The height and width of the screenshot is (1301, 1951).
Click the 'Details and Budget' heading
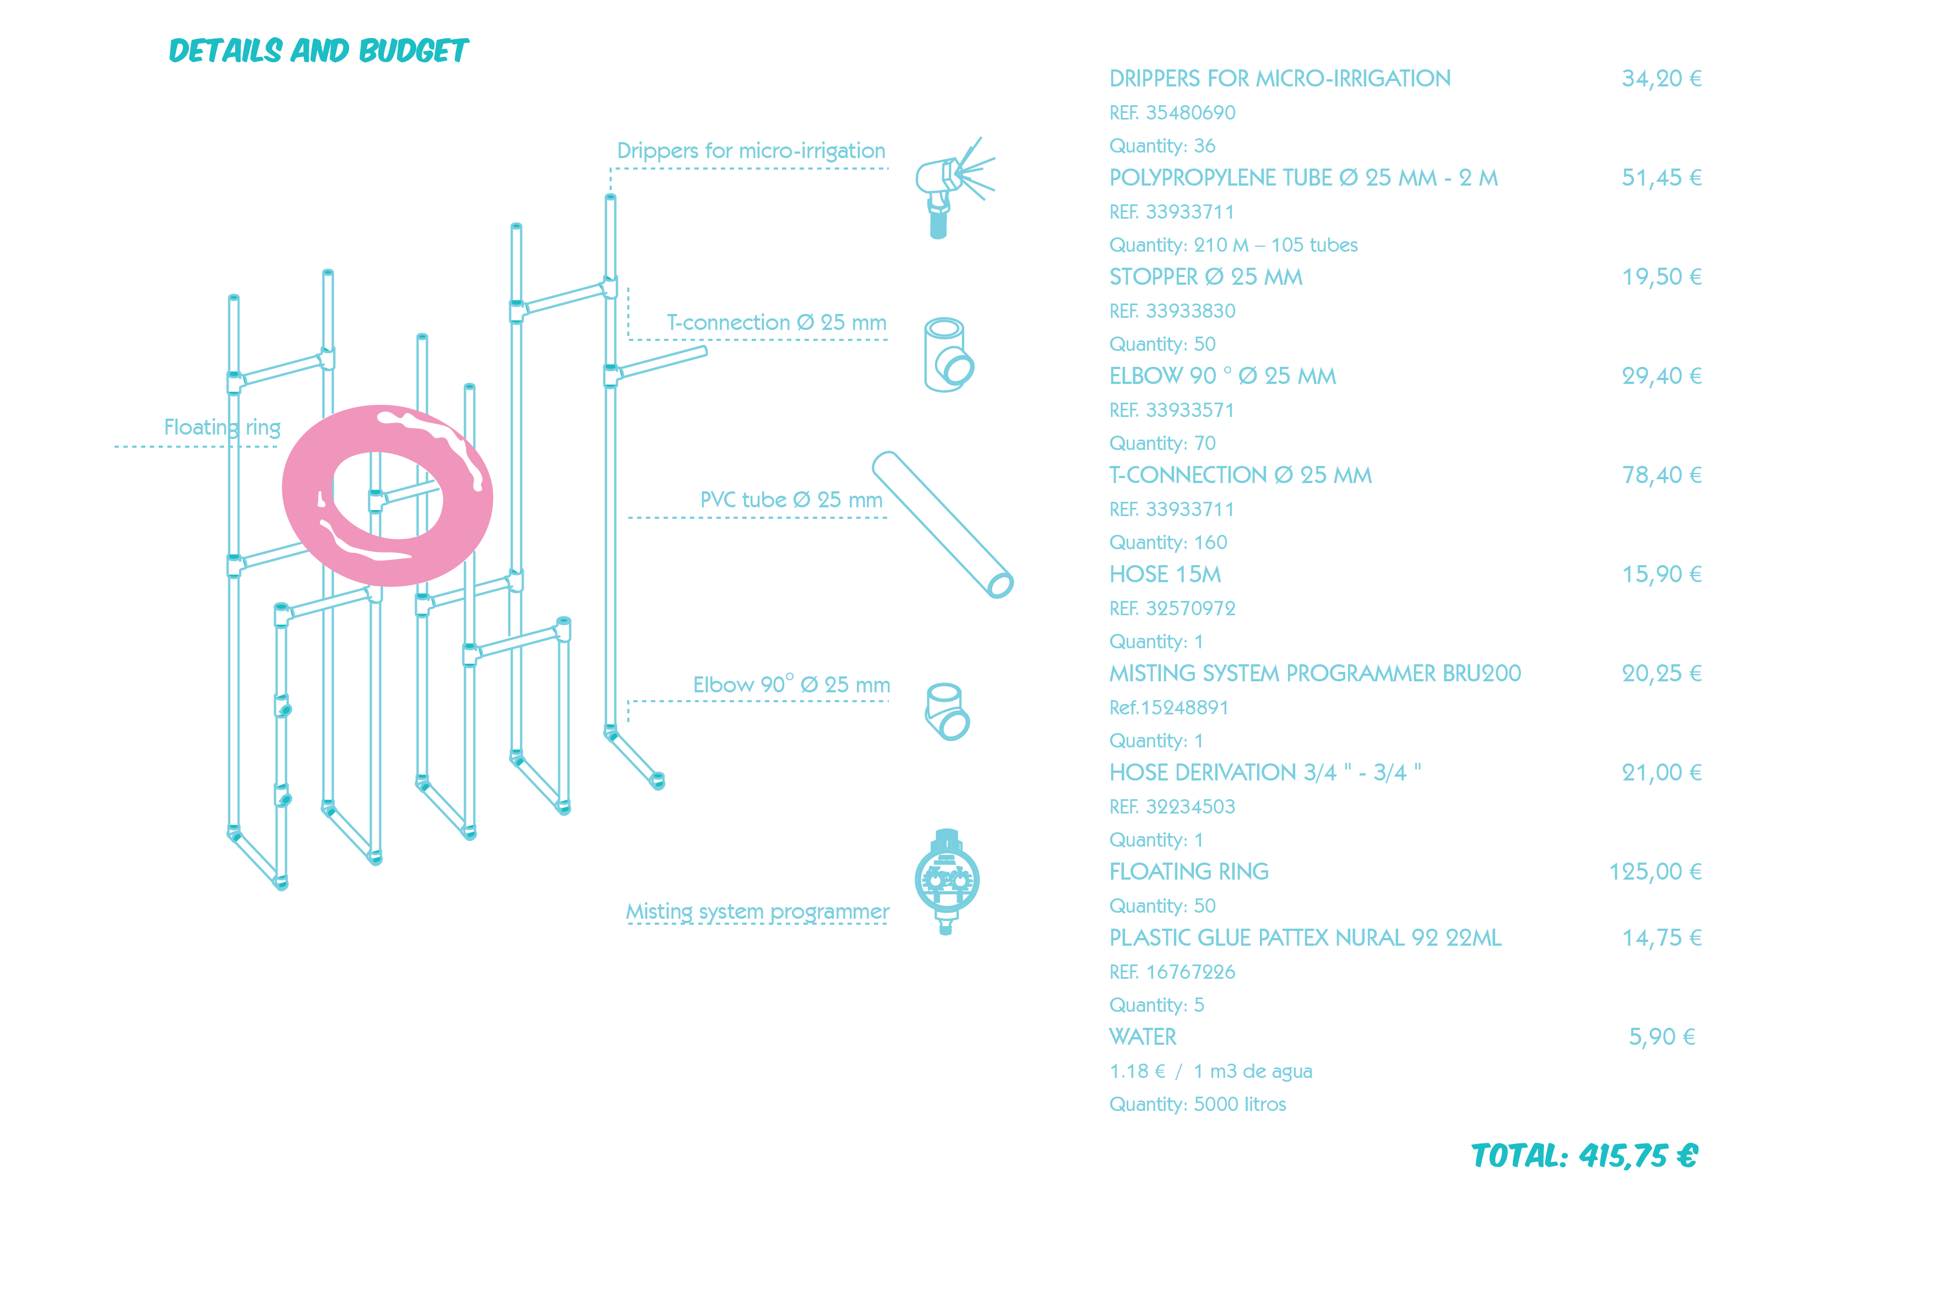(318, 51)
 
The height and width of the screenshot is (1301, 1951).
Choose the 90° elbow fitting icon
(947, 711)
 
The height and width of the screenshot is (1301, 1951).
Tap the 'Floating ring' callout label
(222, 427)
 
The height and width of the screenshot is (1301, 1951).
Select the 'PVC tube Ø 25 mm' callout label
(791, 500)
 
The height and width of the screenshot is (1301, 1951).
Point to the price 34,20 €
(1661, 79)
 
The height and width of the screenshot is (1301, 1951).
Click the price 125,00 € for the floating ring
(1655, 872)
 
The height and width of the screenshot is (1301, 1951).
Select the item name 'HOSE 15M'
(1165, 574)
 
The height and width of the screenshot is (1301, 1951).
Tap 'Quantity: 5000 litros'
(1198, 1104)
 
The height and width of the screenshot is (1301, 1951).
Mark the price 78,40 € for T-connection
(1661, 475)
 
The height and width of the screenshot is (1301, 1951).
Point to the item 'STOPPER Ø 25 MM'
(1205, 277)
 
